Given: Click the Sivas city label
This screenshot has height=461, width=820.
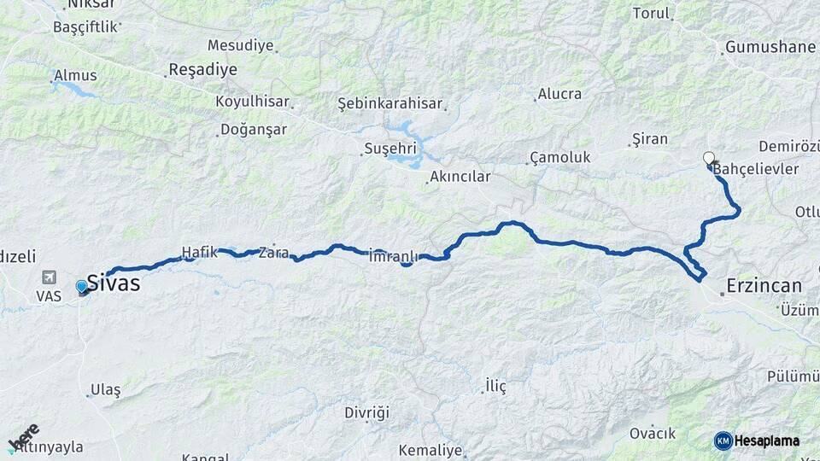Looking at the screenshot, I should point(114,284).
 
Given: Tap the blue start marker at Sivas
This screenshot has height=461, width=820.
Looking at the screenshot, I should point(82,287).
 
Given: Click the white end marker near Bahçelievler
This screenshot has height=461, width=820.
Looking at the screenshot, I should point(708,158).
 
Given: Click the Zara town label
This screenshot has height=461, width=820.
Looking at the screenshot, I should point(273,253).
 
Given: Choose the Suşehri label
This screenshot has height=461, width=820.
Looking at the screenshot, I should point(390,149).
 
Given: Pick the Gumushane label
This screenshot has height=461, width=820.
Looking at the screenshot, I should point(770,47).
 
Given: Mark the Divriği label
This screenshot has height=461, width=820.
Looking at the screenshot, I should point(366,413).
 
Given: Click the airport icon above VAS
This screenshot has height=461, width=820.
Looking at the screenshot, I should point(49,277).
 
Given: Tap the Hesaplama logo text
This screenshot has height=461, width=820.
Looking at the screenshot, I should point(767,441).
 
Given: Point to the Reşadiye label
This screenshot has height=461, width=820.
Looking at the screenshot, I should point(202,70).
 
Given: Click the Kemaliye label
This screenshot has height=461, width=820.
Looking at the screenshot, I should point(429,450).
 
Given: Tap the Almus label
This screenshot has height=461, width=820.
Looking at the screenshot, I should point(75,75).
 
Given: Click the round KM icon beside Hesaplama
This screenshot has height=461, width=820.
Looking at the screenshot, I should point(723,441).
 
